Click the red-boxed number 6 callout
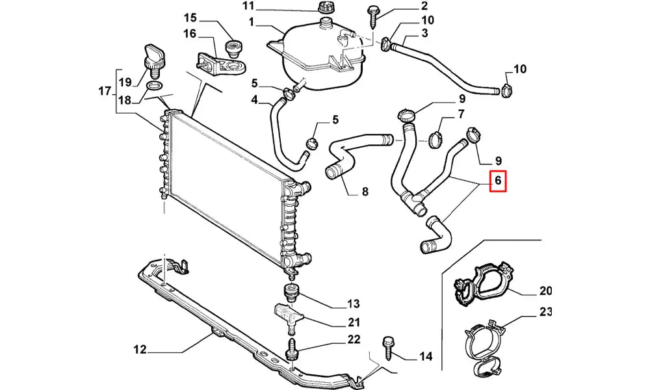click(x=497, y=181)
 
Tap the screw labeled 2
click(x=375, y=14)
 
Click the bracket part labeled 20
click(x=484, y=283)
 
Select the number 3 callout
click(x=424, y=32)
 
